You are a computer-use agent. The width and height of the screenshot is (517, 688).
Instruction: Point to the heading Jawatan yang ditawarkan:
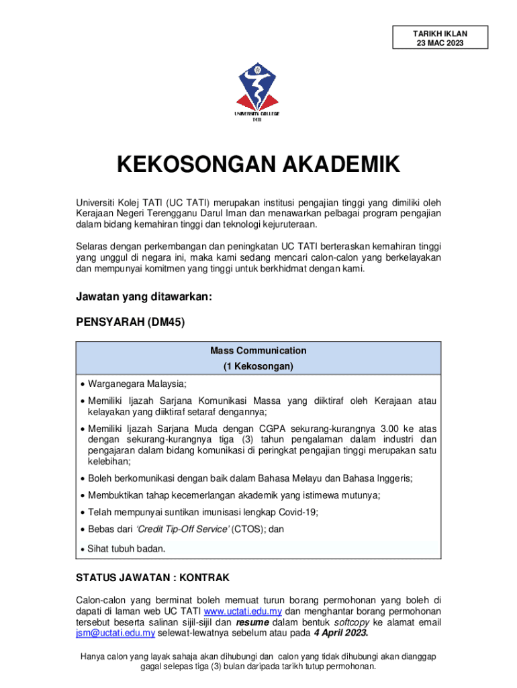144,297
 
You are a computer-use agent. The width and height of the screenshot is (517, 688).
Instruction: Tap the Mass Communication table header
258,350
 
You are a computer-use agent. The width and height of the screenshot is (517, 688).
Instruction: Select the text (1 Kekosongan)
258,367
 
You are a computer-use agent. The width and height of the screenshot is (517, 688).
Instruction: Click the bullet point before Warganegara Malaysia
82,384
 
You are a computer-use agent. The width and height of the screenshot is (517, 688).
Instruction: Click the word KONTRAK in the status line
204,577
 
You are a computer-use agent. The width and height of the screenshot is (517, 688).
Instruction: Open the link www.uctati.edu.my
244,611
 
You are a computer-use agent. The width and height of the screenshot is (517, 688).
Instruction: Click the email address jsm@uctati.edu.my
115,633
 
